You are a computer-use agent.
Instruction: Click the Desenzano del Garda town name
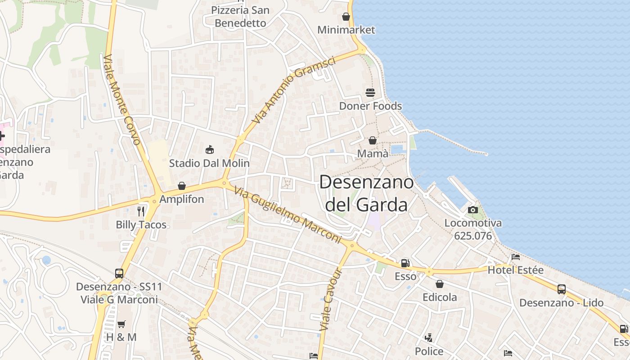pyautogui.click(x=366, y=193)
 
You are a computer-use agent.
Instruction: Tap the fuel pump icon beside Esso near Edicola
pyautogui.click(x=405, y=263)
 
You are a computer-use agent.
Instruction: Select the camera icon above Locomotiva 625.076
pyautogui.click(x=472, y=210)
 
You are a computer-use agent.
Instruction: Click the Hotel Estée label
pyautogui.click(x=516, y=270)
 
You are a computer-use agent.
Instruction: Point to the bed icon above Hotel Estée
pyautogui.click(x=516, y=257)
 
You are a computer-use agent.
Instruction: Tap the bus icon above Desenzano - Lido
pyautogui.click(x=561, y=289)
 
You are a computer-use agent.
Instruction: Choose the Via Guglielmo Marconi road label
pyautogui.click(x=288, y=216)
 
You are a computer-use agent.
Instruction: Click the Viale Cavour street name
pyautogui.click(x=332, y=299)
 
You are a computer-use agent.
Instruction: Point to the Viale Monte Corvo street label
pyautogui.click(x=122, y=99)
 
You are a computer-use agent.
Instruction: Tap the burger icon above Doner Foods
pyautogui.click(x=370, y=93)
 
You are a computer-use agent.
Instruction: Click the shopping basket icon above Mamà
pyautogui.click(x=372, y=140)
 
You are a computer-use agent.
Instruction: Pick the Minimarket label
pyautogui.click(x=346, y=30)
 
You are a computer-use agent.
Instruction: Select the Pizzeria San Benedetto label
pyautogui.click(x=240, y=16)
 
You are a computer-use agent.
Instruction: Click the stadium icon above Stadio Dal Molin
pyautogui.click(x=209, y=149)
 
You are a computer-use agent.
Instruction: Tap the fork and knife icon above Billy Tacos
pyautogui.click(x=141, y=211)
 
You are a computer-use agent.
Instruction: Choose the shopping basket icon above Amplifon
pyautogui.click(x=182, y=186)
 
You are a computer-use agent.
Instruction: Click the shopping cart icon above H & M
pyautogui.click(x=121, y=324)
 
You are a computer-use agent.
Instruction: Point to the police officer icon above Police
pyautogui.click(x=428, y=337)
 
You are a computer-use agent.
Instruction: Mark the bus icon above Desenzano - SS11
pyautogui.click(x=119, y=273)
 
